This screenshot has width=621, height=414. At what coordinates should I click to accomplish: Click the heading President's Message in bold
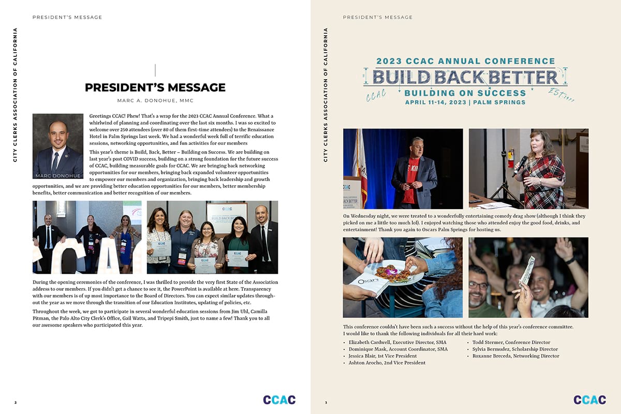[155, 88]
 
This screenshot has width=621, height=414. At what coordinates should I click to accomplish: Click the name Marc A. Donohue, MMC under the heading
[155, 100]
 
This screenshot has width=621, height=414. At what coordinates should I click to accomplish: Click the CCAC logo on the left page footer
[279, 400]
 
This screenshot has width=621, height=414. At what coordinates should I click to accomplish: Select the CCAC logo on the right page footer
[589, 400]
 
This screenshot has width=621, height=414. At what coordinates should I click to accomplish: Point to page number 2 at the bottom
[16, 402]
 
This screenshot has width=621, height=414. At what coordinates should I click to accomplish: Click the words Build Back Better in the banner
[465, 77]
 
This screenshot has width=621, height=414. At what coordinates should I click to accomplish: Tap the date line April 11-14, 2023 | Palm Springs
[465, 102]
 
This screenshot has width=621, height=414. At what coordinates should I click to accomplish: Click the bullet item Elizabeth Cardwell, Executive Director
[397, 343]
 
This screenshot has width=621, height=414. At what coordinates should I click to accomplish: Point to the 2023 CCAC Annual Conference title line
[465, 61]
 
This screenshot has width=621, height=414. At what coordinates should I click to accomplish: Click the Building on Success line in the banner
[465, 93]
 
